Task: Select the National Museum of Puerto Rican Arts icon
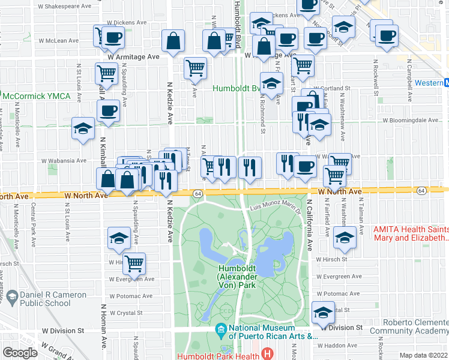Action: tap(221, 329)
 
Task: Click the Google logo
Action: tap(20, 353)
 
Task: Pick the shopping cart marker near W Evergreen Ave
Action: tap(135, 263)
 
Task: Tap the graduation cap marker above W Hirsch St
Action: tap(119, 238)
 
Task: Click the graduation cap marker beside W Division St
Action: tap(323, 312)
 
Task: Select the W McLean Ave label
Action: tap(59, 41)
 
